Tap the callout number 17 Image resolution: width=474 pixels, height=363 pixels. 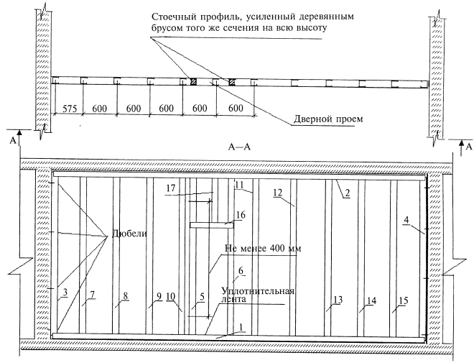coord(169,189)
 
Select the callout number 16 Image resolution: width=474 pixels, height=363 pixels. coord(240,214)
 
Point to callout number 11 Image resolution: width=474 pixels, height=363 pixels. coord(238,185)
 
